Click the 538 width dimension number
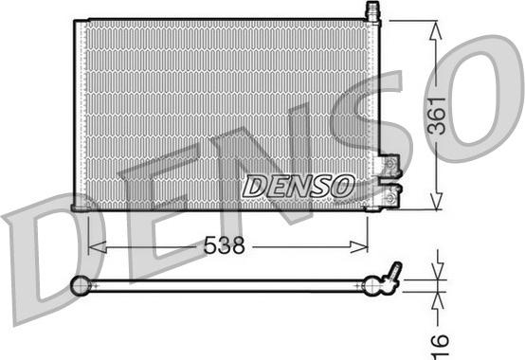point(226,246)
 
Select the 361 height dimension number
point(437,116)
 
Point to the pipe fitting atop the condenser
point(372,12)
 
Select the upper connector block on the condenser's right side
point(389,168)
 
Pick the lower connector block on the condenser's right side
point(389,193)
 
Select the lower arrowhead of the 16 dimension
point(436,296)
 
